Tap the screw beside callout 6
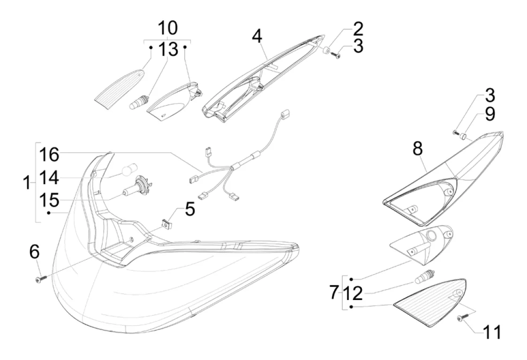click(39, 279)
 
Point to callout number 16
click(49, 153)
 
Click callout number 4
click(256, 37)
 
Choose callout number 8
click(417, 149)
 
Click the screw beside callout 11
click(461, 319)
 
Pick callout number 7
click(333, 293)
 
